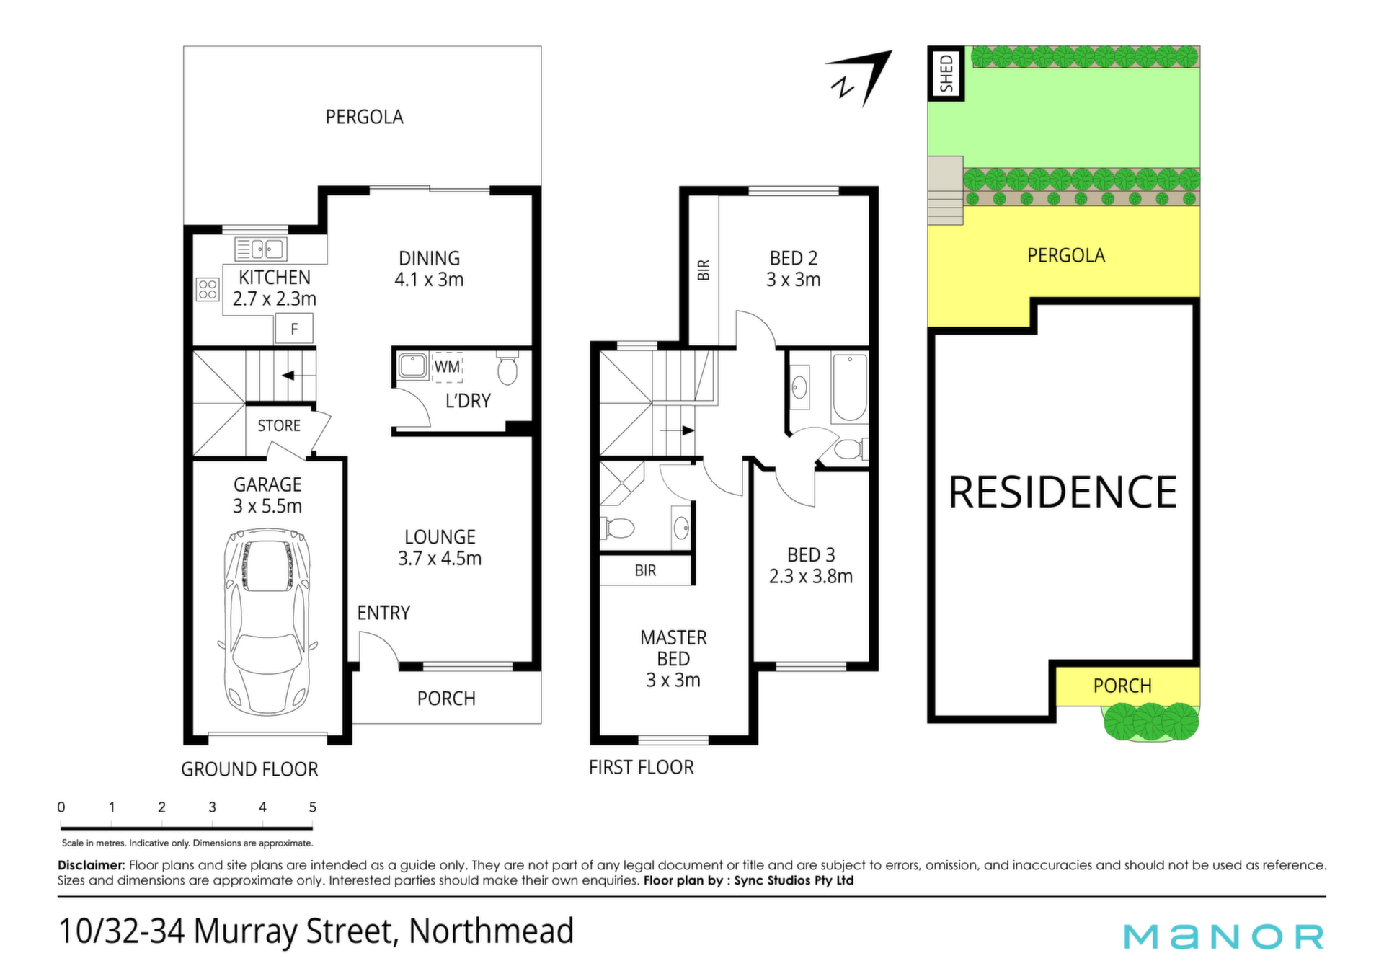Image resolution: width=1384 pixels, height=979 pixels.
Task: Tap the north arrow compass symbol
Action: coord(861,78)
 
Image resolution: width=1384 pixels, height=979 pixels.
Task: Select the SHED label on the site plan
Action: coord(946,74)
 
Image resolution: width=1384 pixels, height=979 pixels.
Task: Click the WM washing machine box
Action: coord(447,367)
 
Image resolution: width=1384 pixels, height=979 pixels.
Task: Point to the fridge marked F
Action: coord(294,329)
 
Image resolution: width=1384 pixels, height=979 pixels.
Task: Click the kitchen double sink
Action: coord(261,249)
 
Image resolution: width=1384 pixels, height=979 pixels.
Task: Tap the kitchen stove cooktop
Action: coord(208,290)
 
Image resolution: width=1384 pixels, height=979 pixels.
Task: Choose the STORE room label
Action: coord(279,426)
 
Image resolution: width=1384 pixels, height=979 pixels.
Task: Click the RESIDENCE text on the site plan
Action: coord(1063,492)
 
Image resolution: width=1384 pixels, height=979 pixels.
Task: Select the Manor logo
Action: coord(1224,936)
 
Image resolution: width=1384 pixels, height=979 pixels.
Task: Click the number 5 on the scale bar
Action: coord(312,807)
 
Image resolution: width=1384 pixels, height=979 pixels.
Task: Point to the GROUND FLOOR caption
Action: coord(249,769)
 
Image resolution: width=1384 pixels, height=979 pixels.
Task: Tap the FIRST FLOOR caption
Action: coord(642,767)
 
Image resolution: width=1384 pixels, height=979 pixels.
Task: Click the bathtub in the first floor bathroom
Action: coord(850,387)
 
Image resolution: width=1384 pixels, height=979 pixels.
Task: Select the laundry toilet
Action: coord(508,368)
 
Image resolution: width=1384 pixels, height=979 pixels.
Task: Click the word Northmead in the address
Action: coord(492,931)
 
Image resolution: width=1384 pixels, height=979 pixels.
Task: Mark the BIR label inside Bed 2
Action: coord(704,270)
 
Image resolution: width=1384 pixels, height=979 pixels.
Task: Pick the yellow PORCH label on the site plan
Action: coord(1122,686)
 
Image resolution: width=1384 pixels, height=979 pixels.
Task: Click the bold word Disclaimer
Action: coord(92,865)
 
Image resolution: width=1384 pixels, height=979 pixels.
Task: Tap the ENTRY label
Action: coord(383,613)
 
